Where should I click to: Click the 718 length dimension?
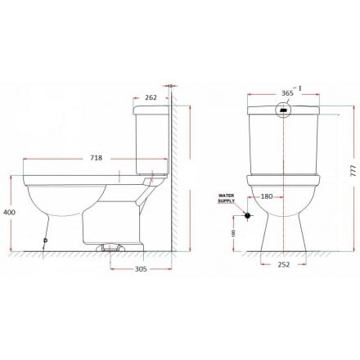tap(96, 158)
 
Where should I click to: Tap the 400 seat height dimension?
tap(8, 211)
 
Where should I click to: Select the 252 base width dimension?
tap(282, 264)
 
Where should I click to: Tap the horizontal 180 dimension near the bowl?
tap(266, 196)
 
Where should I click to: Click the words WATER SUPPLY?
tap(227, 199)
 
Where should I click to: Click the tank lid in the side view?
tap(148, 109)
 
